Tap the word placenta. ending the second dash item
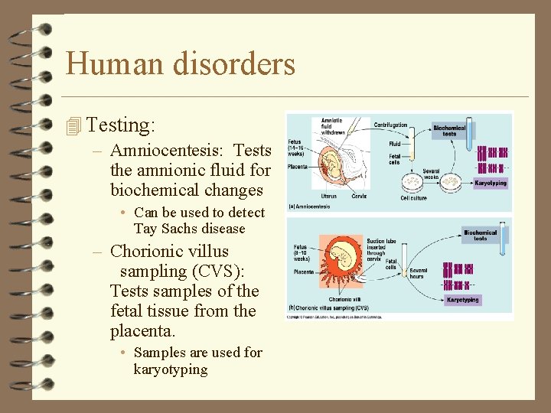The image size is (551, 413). coord(143,331)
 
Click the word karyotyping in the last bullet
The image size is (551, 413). coord(170,369)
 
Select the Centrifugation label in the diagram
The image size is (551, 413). coord(390,125)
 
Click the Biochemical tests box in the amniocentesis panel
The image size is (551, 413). coord(449,130)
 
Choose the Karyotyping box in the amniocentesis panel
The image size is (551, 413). coord(490,184)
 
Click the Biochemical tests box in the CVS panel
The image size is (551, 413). coord(480,235)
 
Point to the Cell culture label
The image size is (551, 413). coord(414,198)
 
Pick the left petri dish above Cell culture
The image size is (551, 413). coord(412,181)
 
